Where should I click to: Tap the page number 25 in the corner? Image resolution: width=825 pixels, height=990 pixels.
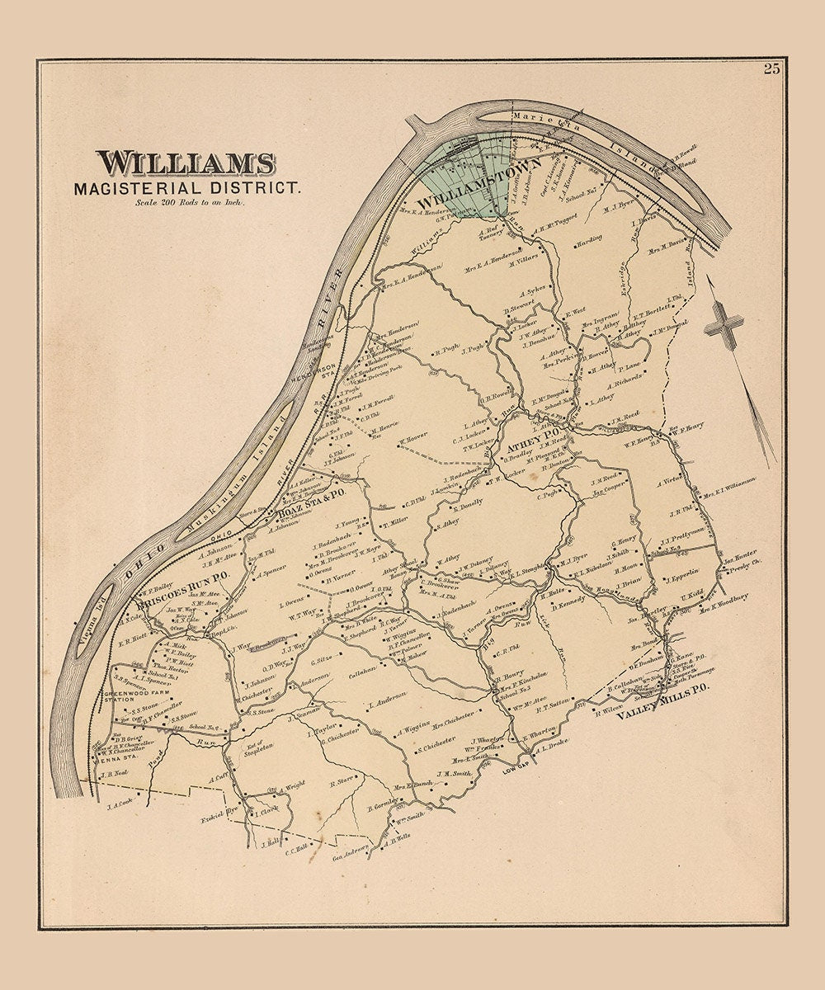771,68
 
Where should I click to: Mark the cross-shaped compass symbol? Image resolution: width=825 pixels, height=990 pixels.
724,323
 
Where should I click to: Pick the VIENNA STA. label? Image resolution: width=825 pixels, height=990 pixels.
109,760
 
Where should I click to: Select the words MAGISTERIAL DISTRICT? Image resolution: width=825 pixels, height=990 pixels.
187,188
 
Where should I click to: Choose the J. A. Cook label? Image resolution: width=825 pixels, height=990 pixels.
119,800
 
